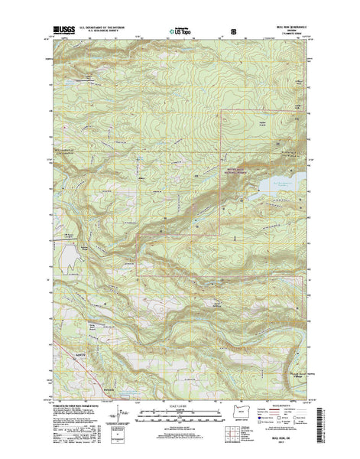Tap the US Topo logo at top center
pos(181,33)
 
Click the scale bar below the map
pos(180,414)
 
